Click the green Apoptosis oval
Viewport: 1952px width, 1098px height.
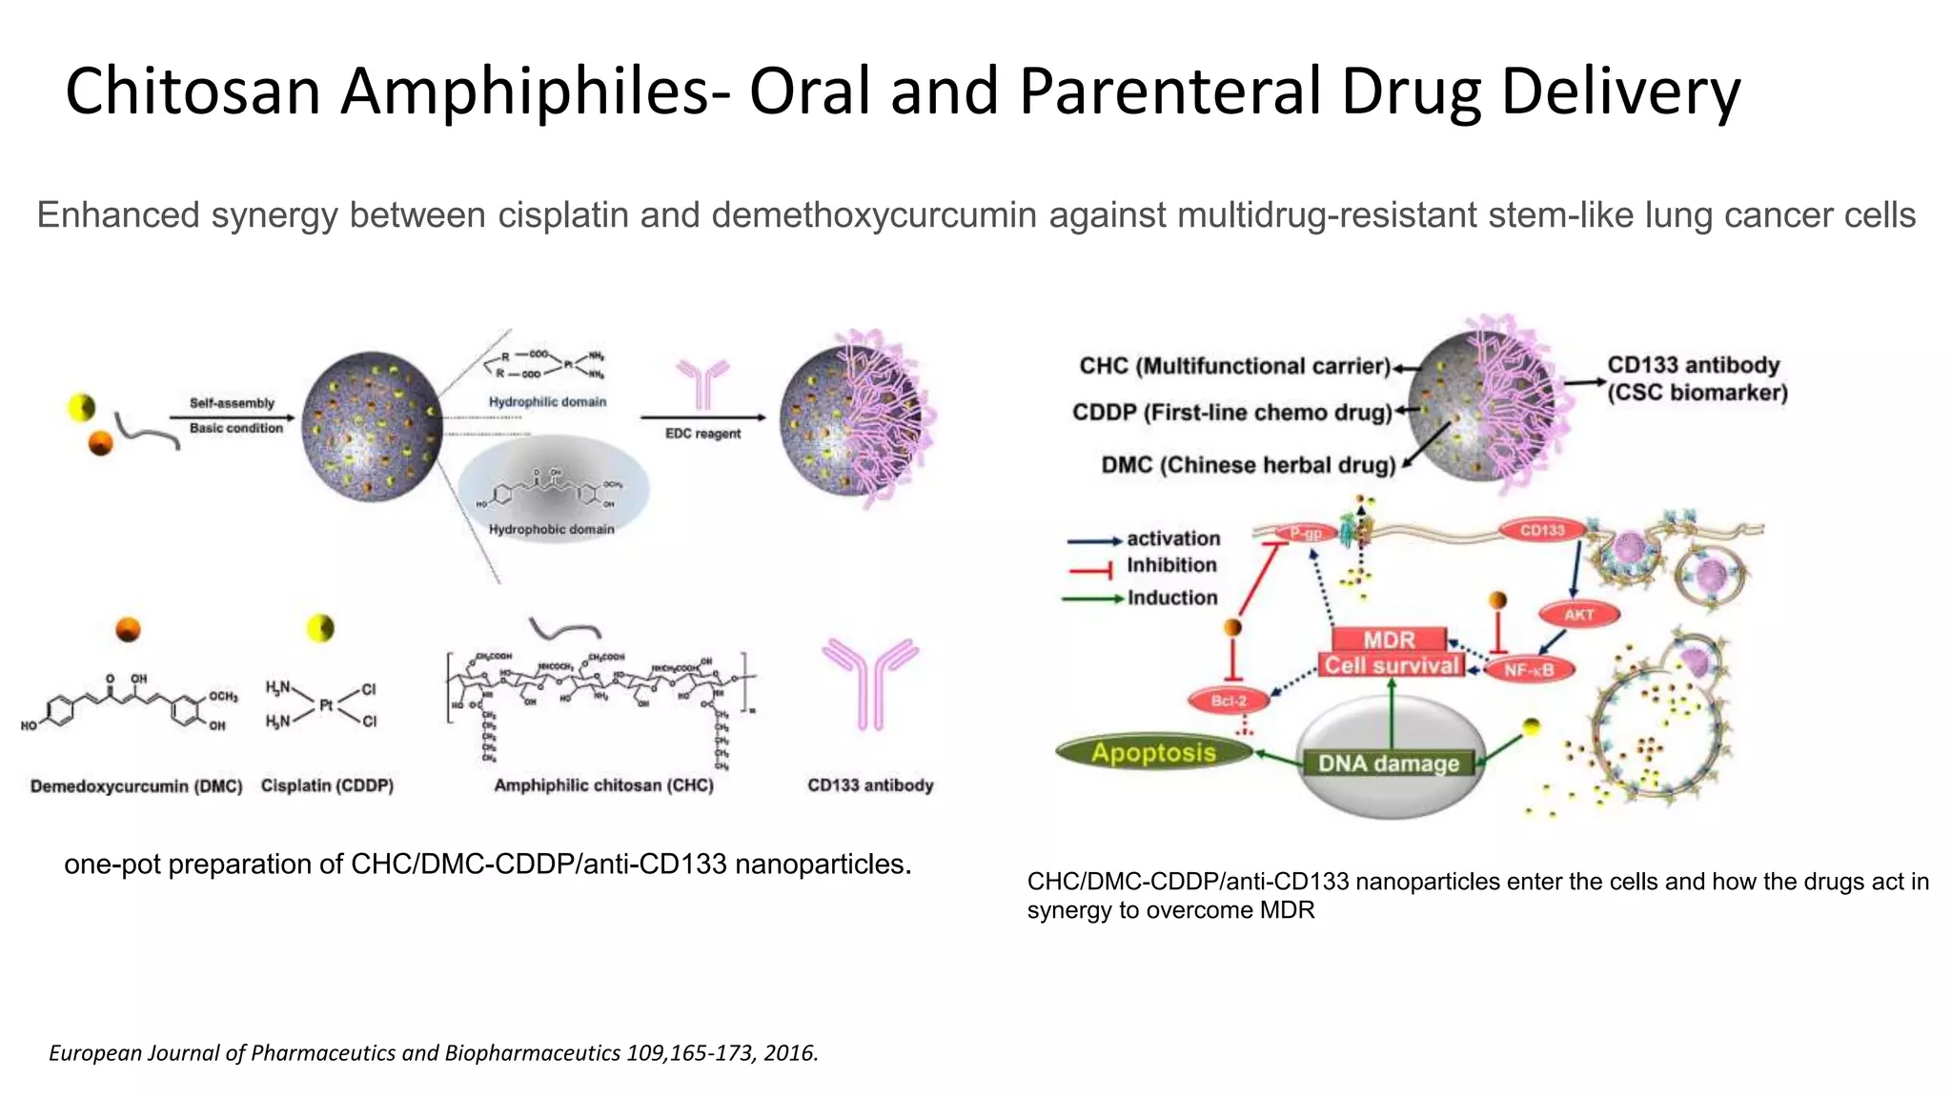[x=1153, y=752]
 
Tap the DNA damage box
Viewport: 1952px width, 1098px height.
[x=1388, y=762]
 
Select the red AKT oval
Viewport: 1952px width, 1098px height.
[x=1578, y=615]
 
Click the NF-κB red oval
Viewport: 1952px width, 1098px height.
[x=1529, y=670]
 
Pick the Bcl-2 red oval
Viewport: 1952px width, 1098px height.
[x=1229, y=701]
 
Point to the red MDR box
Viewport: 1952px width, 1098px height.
[x=1389, y=639]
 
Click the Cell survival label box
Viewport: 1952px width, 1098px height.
[x=1392, y=665]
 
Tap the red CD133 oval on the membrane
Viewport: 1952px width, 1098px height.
[x=1541, y=530]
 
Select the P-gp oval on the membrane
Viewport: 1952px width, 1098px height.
[x=1305, y=535]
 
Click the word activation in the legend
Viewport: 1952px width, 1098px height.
[x=1172, y=539]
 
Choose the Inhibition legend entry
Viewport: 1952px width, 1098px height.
[x=1171, y=565]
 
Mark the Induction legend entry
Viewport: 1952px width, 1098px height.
[x=1172, y=598]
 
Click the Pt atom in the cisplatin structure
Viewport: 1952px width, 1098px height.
[x=326, y=705]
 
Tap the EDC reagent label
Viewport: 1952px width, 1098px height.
[x=702, y=434]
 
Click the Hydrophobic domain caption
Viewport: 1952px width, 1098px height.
[x=551, y=529]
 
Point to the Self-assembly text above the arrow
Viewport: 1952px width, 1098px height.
[x=232, y=403]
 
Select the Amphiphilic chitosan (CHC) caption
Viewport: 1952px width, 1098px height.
[x=603, y=785]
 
